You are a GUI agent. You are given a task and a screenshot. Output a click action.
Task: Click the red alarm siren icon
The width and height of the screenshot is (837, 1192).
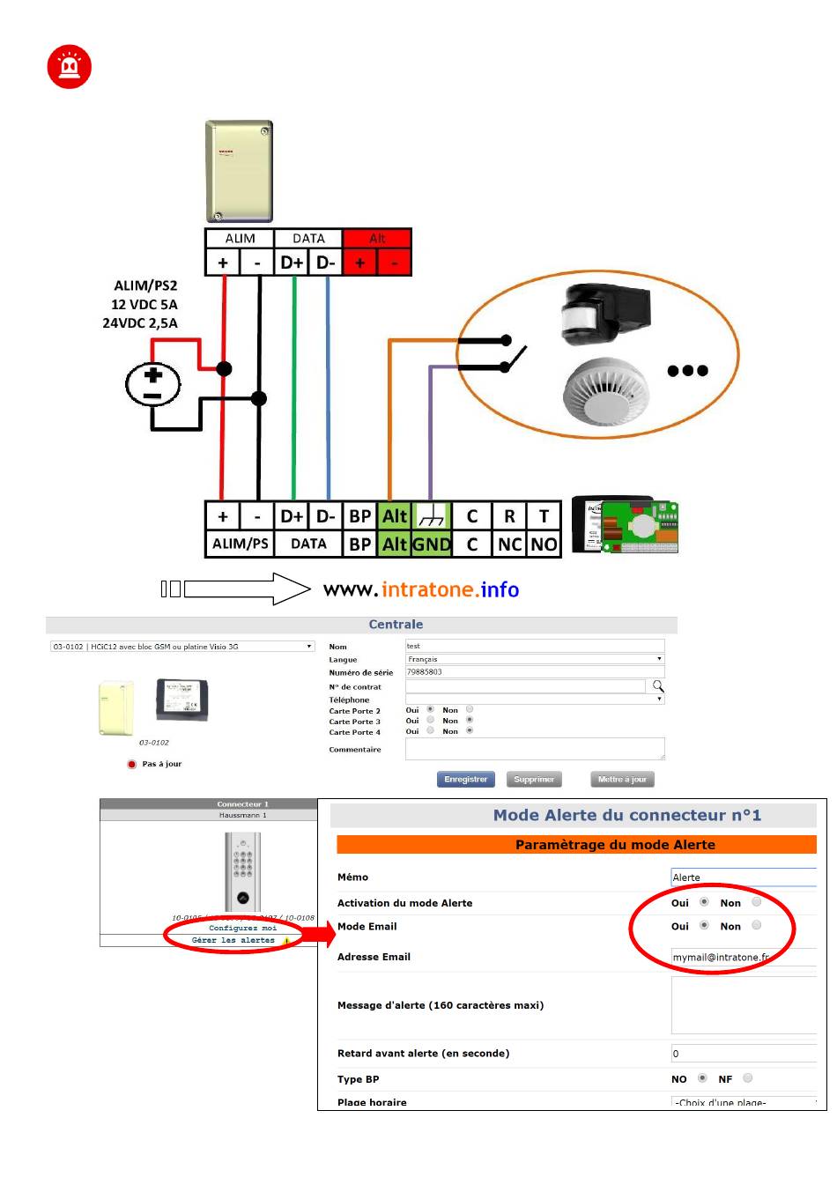point(69,67)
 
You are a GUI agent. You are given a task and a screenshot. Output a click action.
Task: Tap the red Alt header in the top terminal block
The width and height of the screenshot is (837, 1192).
point(377,238)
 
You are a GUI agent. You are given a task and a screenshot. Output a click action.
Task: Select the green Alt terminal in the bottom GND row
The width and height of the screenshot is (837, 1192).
point(395,544)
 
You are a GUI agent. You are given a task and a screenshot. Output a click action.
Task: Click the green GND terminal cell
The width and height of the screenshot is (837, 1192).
point(432,544)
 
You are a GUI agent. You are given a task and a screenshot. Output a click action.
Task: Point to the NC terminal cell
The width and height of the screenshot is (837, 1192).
point(509,544)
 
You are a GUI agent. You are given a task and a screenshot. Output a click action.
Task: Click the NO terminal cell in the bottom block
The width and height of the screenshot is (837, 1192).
point(544,544)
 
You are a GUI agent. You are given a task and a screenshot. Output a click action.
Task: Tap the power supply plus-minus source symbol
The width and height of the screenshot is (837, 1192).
point(153,385)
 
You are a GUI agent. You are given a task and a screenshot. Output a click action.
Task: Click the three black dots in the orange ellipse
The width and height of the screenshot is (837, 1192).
point(687,371)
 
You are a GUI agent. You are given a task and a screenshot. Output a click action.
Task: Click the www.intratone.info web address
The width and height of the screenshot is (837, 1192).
point(421,589)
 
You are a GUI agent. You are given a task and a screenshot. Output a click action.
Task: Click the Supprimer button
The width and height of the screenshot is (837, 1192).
point(534,779)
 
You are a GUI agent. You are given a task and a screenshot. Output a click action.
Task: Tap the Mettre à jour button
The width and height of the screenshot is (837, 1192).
point(622,779)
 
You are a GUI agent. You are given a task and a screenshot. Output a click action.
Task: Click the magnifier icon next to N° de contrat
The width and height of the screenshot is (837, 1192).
point(658,686)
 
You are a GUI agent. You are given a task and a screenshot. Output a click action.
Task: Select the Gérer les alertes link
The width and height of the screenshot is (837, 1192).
point(233,940)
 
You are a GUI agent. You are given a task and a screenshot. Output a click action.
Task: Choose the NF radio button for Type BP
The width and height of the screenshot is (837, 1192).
point(747,1077)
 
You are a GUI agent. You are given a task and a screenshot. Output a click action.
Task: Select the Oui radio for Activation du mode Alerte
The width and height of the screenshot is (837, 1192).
point(703,902)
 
